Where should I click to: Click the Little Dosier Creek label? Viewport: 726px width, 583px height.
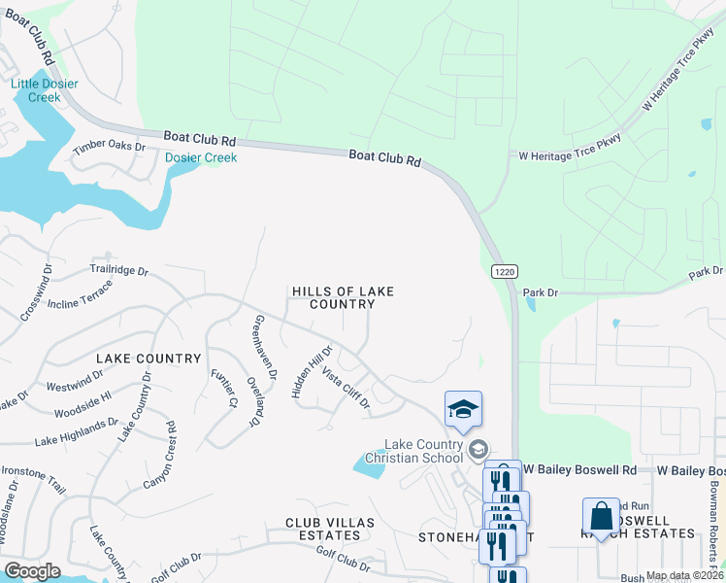(x=45, y=90)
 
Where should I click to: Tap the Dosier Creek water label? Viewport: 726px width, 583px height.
(x=201, y=157)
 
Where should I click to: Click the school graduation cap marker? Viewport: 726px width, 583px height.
(x=463, y=409)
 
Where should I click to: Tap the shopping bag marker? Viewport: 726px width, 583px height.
(x=601, y=516)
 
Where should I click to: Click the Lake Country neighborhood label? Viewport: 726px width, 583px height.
(x=148, y=359)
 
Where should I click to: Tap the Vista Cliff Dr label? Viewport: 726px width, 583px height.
(x=346, y=388)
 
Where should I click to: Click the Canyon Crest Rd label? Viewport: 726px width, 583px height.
(x=159, y=455)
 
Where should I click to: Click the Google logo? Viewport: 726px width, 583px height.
(x=32, y=570)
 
